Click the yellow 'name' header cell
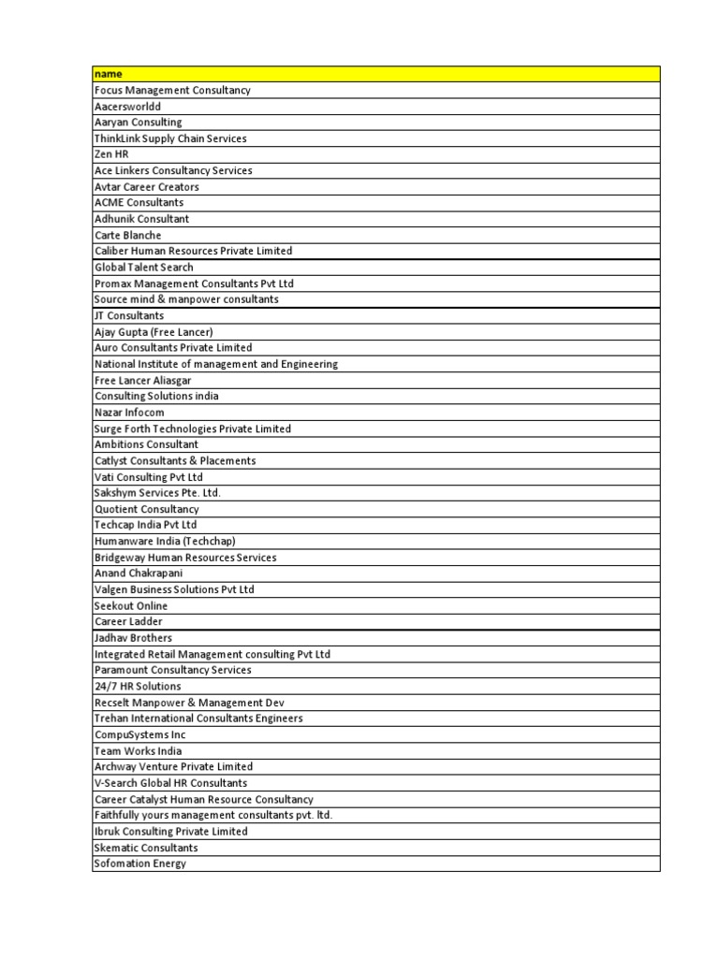click(375, 74)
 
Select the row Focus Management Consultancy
click(172, 91)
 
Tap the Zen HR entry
click(111, 154)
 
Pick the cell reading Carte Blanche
click(127, 235)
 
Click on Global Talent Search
click(143, 268)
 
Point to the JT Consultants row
click(128, 316)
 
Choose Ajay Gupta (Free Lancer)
click(154, 332)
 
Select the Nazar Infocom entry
click(129, 413)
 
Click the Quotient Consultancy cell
click(146, 509)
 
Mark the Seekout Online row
click(131, 606)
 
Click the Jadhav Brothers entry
click(133, 638)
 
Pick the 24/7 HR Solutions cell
click(138, 687)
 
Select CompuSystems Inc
click(139, 734)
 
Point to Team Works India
click(138, 751)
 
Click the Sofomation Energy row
click(139, 864)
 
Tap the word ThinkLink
click(117, 138)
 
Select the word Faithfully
click(119, 815)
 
